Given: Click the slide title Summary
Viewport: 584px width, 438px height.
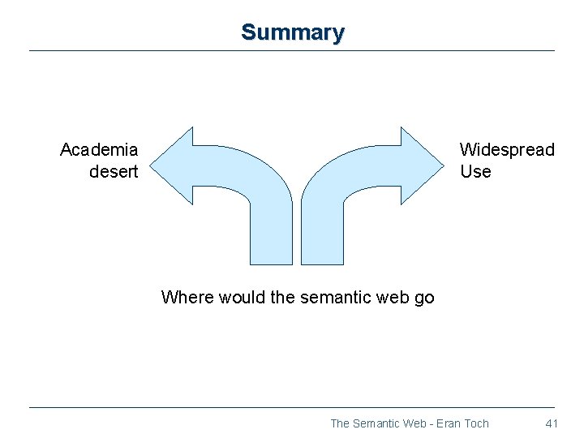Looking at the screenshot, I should click(293, 32).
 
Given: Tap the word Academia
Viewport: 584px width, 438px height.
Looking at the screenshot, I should click(99, 150).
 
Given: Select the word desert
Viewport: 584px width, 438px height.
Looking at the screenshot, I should click(114, 172).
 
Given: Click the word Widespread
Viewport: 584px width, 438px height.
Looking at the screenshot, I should click(507, 150).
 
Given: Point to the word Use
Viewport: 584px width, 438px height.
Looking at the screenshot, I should click(475, 172).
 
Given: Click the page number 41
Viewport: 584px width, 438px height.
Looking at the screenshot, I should click(552, 423).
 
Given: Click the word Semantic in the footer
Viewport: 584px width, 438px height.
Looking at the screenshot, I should click(376, 423).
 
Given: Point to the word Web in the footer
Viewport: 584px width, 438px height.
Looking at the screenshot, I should click(414, 423).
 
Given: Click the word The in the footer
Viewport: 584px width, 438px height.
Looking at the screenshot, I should click(340, 423).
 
